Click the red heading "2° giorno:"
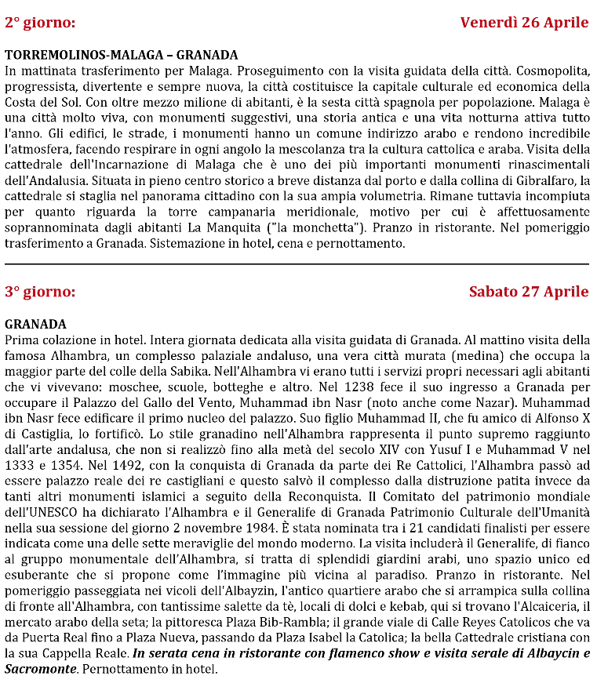coord(40,23)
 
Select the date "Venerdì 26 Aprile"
coord(524,23)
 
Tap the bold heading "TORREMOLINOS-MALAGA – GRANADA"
coord(121,55)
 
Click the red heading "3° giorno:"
coord(40,292)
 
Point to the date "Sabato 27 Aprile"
coord(529,292)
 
